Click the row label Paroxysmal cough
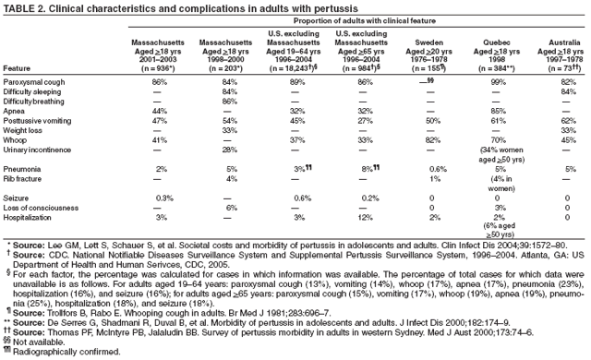[x=33, y=82]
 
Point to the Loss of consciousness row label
[x=39, y=208]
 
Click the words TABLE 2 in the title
[x=22, y=7]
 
